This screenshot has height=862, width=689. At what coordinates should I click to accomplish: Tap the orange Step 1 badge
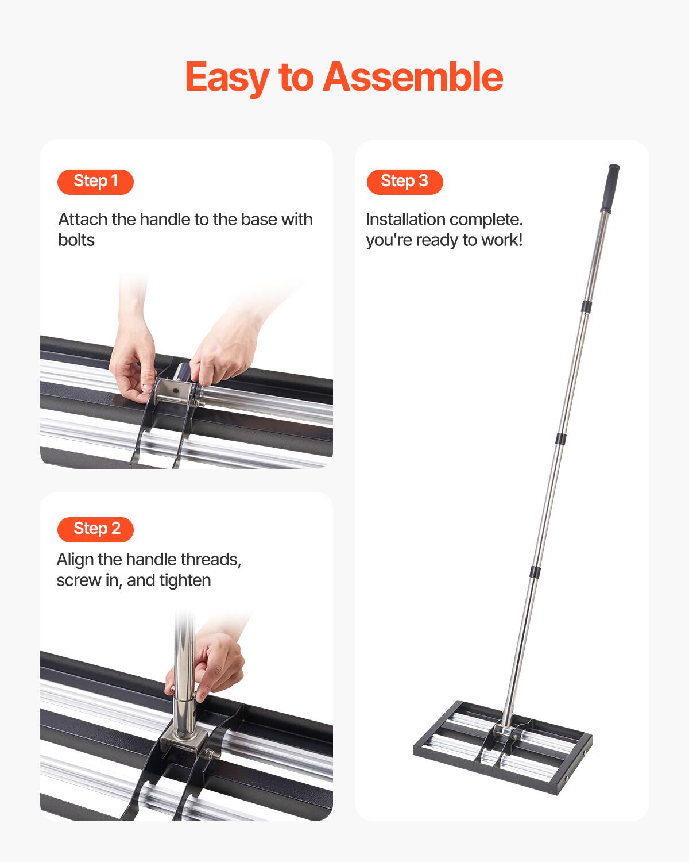point(95,182)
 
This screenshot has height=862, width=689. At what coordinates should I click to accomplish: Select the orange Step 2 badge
point(95,529)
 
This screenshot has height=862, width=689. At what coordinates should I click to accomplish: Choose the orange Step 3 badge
point(405,182)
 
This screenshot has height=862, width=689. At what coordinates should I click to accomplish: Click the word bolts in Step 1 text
point(76,240)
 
